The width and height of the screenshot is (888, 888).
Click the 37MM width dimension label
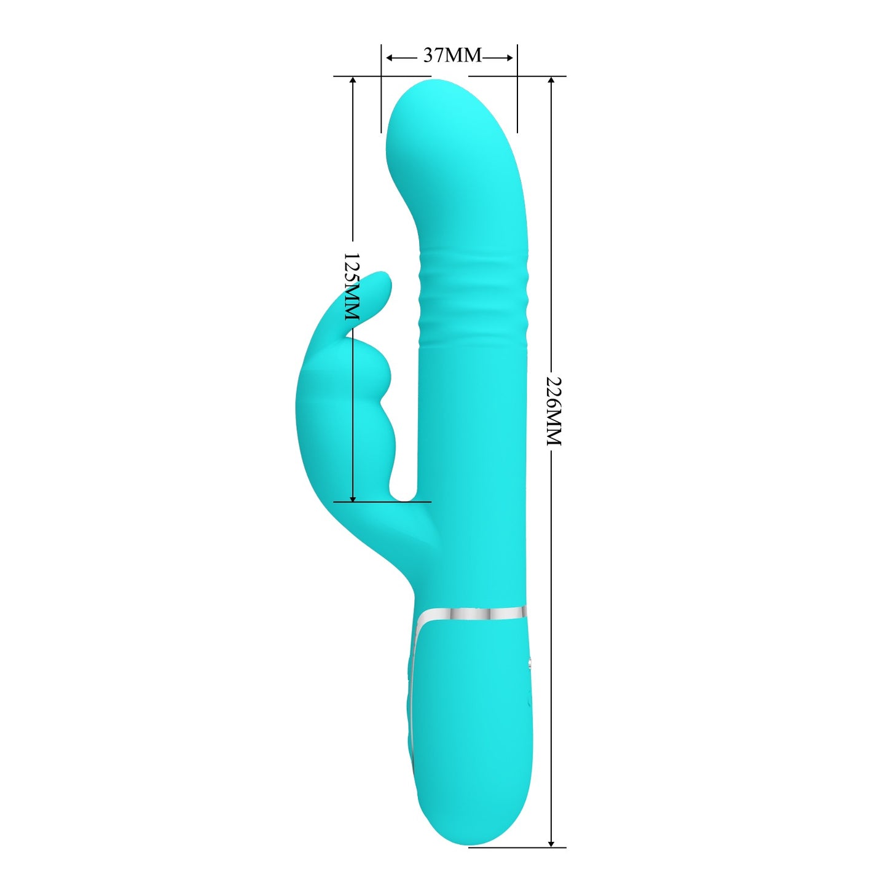pyautogui.click(x=452, y=55)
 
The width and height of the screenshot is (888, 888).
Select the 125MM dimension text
pyautogui.click(x=351, y=286)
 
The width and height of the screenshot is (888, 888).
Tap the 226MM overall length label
pyautogui.click(x=554, y=411)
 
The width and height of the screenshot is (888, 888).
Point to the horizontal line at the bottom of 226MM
pyautogui.click(x=516, y=847)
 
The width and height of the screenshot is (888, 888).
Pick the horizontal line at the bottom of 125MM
pyautogui.click(x=381, y=501)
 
